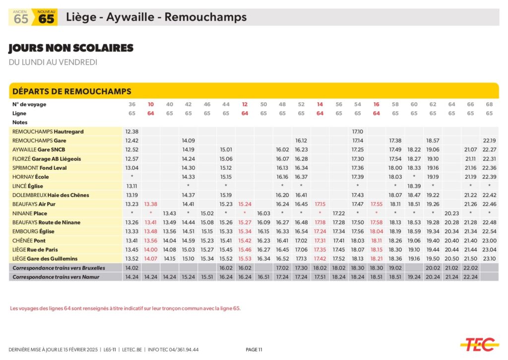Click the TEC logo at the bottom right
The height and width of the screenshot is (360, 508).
479,344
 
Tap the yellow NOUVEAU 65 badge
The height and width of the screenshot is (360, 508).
46,17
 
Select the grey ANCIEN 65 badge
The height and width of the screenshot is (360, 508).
21,17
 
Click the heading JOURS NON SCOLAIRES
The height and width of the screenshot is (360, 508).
71,48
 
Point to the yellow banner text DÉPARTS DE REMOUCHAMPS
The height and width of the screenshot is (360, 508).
71,91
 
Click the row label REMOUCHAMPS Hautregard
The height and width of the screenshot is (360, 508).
48,132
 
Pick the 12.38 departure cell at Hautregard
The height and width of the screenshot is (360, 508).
132,132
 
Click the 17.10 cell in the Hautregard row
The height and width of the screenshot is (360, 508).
358,132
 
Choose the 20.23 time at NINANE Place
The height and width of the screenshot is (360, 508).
451,213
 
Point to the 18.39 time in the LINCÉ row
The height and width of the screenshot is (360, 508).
414,186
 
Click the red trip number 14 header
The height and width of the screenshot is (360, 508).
320,104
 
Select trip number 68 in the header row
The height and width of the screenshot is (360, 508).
489,104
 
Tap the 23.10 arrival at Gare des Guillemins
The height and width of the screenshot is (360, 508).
489,258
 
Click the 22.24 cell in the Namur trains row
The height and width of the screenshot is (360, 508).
470,277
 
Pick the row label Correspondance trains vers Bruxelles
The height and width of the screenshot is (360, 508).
59,268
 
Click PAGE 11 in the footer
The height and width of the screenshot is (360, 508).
254,350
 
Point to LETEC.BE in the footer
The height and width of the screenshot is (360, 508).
133,350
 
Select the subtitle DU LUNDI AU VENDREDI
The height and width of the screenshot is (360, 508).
53,62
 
